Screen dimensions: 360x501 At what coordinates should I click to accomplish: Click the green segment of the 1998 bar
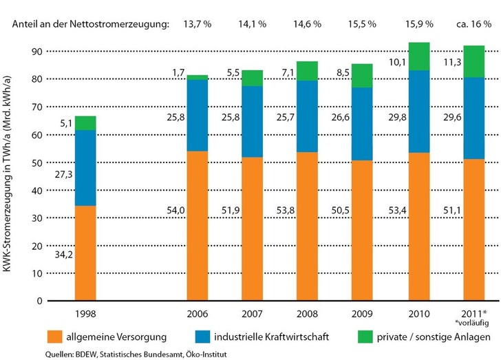(86, 123)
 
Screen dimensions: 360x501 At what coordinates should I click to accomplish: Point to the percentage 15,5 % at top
(362, 24)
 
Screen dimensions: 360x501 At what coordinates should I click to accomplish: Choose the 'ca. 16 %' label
(473, 24)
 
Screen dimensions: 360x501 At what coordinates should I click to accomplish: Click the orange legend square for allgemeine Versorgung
(52, 337)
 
